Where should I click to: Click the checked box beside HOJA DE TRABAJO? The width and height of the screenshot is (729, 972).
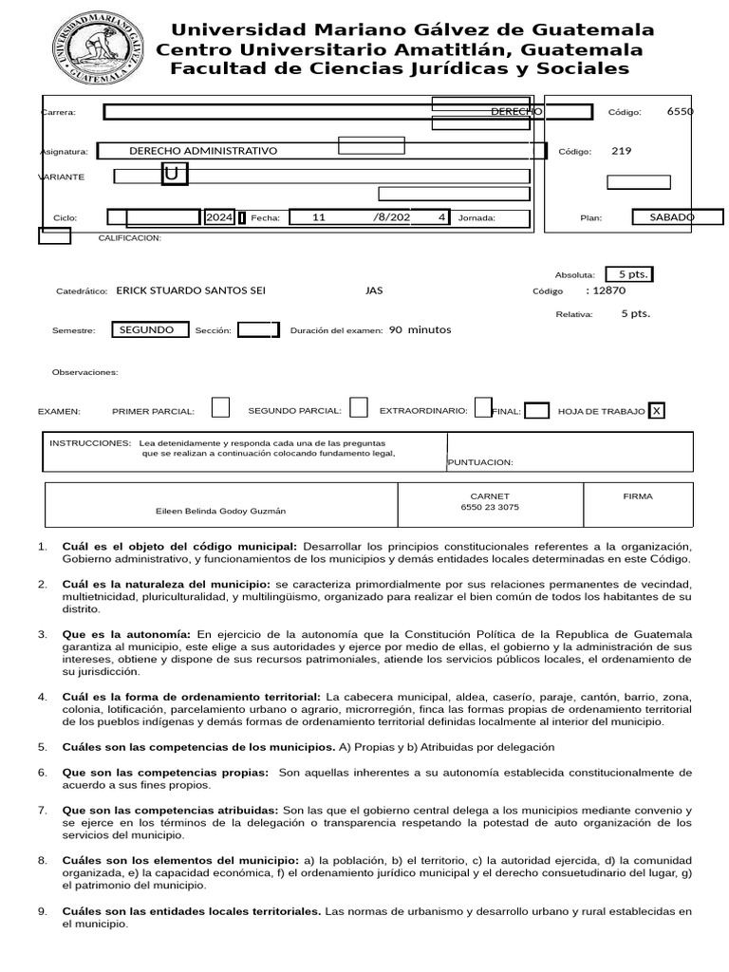[656, 411]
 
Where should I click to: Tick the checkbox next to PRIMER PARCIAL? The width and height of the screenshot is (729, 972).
[220, 408]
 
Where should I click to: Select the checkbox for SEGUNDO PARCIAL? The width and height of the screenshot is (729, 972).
[358, 407]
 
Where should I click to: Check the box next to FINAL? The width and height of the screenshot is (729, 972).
[536, 411]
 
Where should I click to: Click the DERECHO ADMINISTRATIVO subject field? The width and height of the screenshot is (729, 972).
[203, 151]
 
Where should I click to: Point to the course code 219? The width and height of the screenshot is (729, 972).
[621, 151]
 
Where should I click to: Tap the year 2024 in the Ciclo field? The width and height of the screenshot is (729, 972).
[219, 217]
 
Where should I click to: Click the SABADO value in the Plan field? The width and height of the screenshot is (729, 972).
[672, 217]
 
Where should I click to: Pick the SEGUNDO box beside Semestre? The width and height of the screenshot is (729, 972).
[147, 330]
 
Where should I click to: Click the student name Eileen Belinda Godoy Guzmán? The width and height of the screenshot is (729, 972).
[220, 511]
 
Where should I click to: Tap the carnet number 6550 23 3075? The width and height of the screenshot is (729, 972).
[490, 507]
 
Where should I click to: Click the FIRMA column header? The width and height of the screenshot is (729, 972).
[637, 496]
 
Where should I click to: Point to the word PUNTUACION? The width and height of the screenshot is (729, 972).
[480, 462]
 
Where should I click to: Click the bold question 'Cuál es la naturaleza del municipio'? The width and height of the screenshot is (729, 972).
[167, 584]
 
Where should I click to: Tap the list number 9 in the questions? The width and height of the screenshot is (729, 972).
[42, 911]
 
